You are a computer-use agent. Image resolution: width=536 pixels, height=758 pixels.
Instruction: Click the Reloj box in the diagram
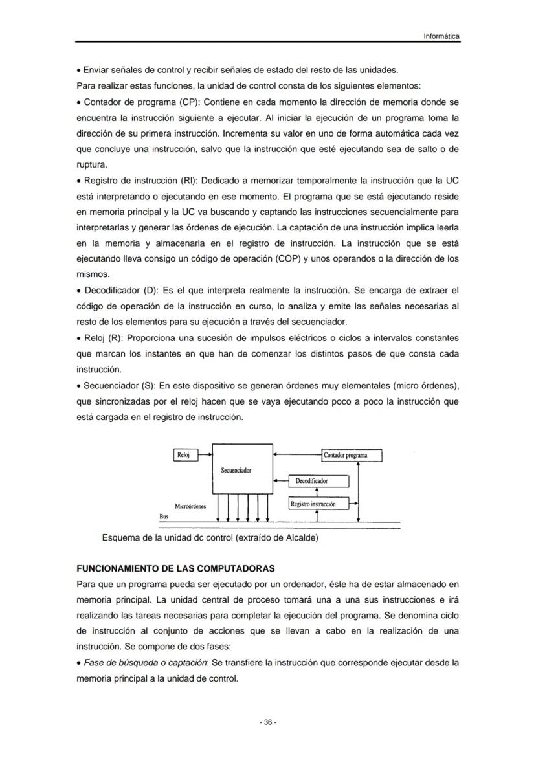click(x=184, y=455)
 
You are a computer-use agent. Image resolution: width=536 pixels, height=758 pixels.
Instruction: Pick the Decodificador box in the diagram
click(x=312, y=481)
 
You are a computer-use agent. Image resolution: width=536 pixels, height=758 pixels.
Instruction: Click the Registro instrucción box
click(x=313, y=504)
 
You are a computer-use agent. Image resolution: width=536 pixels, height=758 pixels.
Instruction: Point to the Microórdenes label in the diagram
click(x=190, y=506)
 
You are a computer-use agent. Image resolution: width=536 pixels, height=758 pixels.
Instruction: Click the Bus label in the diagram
click(x=164, y=517)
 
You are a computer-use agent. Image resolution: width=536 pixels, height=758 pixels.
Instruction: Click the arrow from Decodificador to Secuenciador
click(x=280, y=481)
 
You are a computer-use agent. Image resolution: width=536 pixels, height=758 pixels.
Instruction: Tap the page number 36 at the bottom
click(x=268, y=722)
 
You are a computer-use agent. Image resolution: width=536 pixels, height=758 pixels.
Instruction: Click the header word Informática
click(x=441, y=36)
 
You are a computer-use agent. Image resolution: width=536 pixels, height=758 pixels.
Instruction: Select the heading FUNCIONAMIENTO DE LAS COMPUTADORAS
click(x=176, y=568)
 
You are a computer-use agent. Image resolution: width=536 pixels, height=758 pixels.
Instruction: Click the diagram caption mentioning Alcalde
click(x=210, y=537)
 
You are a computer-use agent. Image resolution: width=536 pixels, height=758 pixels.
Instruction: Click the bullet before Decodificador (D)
click(x=79, y=290)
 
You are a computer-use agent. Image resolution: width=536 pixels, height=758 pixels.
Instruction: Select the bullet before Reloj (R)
click(x=79, y=338)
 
